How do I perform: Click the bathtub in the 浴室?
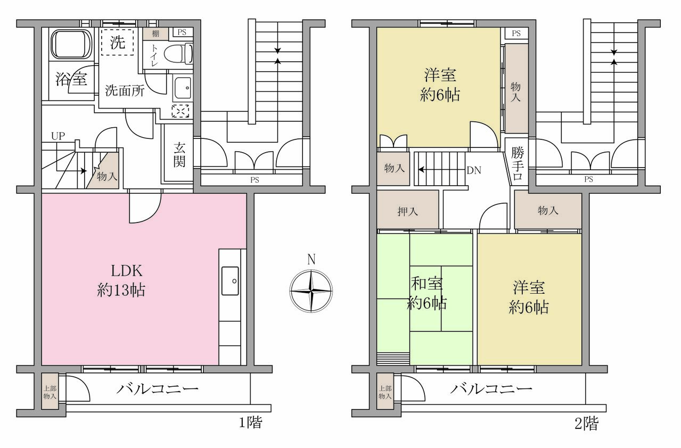tap(71, 44)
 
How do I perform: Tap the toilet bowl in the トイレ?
tap(178, 54)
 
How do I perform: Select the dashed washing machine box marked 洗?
tap(118, 42)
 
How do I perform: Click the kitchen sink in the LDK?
tap(230, 280)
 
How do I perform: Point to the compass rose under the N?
tap(311, 291)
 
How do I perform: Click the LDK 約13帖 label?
tap(121, 280)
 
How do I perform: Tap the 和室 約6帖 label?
tap(427, 293)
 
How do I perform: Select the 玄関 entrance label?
tap(179, 155)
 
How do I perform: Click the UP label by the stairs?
tap(58, 136)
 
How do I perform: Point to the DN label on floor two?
tap(474, 170)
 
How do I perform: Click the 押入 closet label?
tap(408, 211)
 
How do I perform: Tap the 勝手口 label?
tap(518, 164)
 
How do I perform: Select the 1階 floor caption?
tap(250, 422)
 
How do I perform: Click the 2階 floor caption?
tap(586, 423)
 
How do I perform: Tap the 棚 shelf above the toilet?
tap(155, 34)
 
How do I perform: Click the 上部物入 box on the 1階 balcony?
tap(50, 392)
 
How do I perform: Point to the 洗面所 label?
tap(125, 90)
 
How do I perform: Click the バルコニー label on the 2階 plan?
tap(491, 389)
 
